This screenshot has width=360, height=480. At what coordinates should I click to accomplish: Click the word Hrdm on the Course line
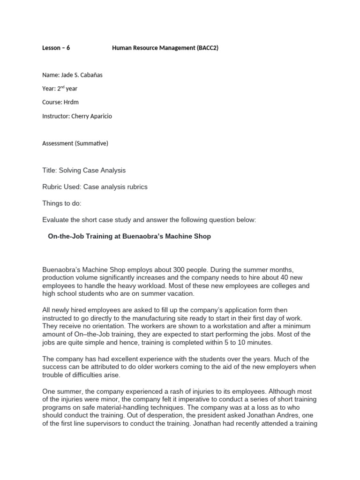[x=69, y=102]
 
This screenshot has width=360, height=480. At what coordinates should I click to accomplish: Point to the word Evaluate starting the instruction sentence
[x=56, y=220]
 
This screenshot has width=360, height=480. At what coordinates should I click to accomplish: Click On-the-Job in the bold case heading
[x=66, y=237]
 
